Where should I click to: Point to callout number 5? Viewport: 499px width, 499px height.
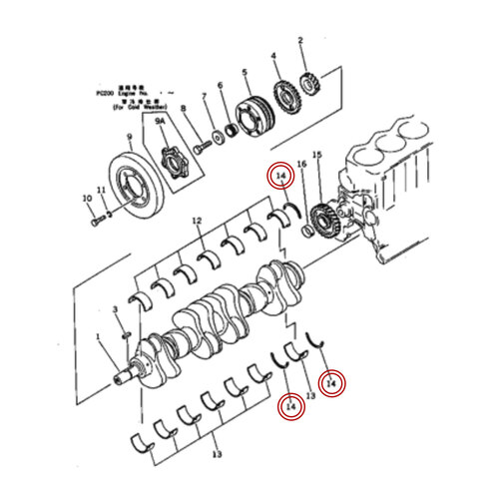coord(245,73)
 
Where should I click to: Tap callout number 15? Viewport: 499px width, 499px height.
coord(317,155)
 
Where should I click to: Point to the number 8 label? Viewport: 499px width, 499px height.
coord(183,108)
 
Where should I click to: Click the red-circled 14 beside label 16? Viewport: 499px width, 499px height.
coord(282,177)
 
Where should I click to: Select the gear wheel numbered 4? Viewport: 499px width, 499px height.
coord(284,99)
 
